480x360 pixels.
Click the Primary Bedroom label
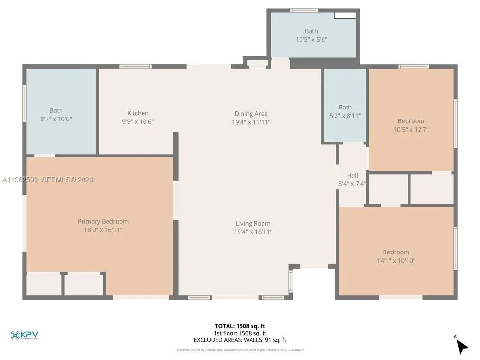coord(103,221)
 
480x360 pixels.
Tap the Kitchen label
coord(138,113)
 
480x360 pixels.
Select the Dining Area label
coord(251,114)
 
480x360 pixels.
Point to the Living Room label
coord(252,223)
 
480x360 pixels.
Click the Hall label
coord(352,175)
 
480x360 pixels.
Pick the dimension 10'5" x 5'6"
coord(312,40)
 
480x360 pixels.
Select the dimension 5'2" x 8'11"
coord(345,116)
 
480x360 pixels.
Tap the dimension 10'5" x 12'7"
coord(411,129)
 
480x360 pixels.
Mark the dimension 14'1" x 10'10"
coord(396,261)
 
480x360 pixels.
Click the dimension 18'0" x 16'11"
coord(103,230)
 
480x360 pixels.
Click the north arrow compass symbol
coord(462,346)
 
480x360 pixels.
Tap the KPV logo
coord(24,335)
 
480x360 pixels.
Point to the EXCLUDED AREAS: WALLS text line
coord(240,340)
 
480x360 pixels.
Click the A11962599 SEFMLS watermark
coord(48,180)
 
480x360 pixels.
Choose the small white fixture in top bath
coord(345,15)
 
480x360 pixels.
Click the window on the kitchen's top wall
coord(135,66)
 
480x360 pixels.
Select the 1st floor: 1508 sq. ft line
coord(240,333)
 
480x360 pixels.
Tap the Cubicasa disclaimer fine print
coord(240,350)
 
